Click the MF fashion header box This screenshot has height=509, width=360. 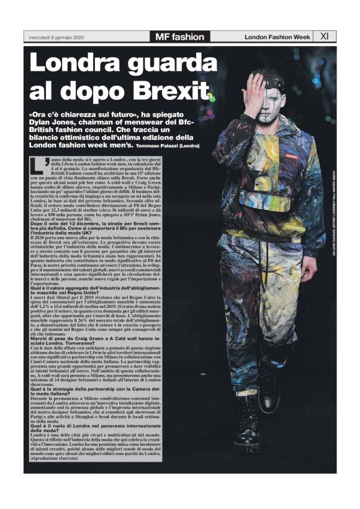(179, 37)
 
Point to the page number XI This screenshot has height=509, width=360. (324, 37)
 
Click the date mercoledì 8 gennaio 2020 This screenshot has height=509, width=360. (56, 38)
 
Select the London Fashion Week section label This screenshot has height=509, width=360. (277, 37)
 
